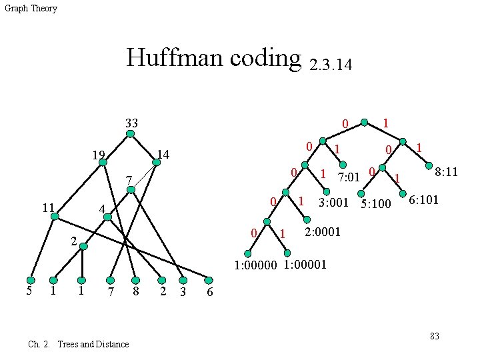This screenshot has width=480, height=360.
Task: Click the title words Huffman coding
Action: [x=214, y=58]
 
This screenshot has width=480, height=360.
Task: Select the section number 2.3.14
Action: [x=331, y=65]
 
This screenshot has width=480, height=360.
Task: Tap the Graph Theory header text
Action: [x=31, y=9]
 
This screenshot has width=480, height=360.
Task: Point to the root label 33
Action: [x=131, y=123]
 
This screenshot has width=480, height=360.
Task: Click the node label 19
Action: [x=99, y=156]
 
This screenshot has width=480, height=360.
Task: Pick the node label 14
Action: [x=163, y=155]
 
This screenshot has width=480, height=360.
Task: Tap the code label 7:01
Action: [x=349, y=177]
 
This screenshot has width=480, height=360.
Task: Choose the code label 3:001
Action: [x=333, y=202]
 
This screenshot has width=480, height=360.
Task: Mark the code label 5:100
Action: [x=375, y=203]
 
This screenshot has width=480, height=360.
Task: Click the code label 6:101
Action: [x=423, y=199]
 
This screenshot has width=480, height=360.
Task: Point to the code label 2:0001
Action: [x=323, y=232]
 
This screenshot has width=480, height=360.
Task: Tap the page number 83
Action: [x=435, y=336]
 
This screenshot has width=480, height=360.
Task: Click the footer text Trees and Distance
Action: [x=93, y=344]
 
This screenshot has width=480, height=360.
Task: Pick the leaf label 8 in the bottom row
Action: [x=135, y=291]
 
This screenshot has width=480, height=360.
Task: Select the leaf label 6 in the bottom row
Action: [x=210, y=293]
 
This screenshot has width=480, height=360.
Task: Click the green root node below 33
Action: [x=131, y=133]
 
